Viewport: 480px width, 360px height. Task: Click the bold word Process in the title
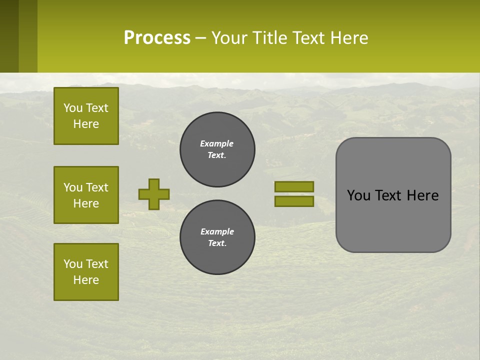click(157, 37)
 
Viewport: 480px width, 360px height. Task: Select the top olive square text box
click(86, 116)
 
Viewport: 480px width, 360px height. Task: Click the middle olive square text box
click(86, 195)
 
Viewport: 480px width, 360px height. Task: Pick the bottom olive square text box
click(86, 272)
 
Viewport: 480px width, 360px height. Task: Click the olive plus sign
click(154, 194)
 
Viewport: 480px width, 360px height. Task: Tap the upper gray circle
click(217, 149)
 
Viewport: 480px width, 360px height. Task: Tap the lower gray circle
click(217, 237)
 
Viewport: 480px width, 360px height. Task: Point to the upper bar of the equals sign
click(294, 186)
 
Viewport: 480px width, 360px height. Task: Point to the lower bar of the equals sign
click(294, 201)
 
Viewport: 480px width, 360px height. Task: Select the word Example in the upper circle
click(217, 143)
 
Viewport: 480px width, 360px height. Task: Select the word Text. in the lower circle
click(217, 243)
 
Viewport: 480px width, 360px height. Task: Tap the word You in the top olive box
click(73, 108)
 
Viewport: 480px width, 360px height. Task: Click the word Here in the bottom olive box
click(86, 280)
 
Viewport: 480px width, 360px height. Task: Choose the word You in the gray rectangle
click(358, 195)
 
